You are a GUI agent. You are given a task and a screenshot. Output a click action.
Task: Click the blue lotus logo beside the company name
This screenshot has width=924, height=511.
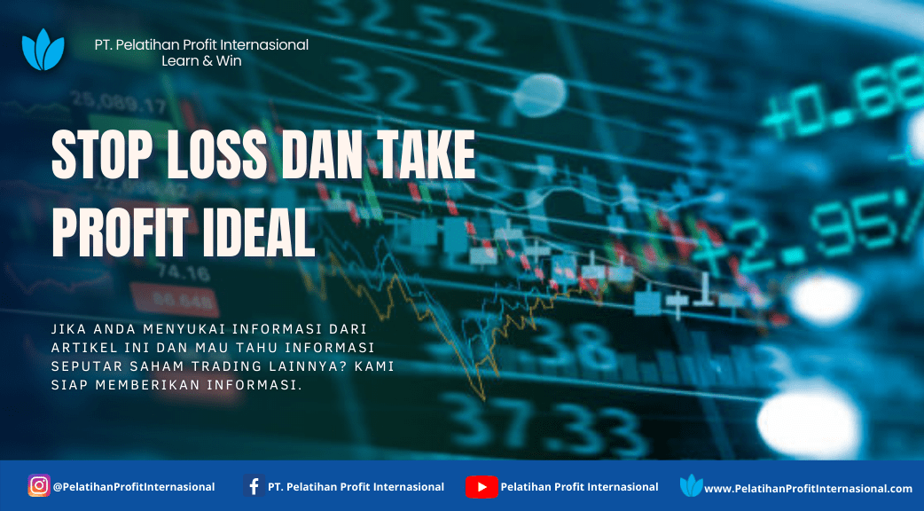click(43, 50)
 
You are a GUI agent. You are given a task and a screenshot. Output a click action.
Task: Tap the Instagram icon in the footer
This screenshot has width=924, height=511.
click(39, 485)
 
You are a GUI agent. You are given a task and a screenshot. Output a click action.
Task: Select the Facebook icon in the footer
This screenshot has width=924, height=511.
click(254, 486)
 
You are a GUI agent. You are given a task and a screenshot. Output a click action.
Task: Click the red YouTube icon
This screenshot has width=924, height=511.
click(482, 487)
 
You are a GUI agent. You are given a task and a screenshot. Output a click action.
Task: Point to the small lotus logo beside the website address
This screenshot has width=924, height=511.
click(692, 485)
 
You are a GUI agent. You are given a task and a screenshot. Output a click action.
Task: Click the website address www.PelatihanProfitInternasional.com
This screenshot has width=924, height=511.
click(808, 489)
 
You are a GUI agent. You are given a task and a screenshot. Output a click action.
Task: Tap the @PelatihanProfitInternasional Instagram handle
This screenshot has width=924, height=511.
click(134, 487)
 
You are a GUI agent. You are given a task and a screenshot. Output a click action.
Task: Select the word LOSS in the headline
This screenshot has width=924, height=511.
click(217, 155)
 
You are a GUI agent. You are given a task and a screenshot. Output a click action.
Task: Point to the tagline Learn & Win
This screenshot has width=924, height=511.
click(201, 60)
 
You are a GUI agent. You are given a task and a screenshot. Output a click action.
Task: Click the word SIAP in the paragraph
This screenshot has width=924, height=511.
click(70, 385)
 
